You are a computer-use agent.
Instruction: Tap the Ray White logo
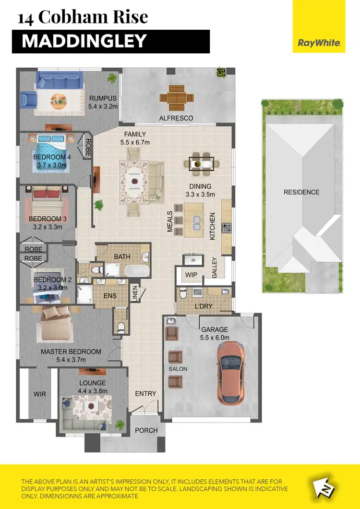(319, 43)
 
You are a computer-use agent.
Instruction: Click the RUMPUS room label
(103, 99)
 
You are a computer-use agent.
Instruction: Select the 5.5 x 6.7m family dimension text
(135, 143)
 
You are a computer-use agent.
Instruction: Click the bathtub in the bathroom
(137, 270)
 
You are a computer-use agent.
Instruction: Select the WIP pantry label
(192, 275)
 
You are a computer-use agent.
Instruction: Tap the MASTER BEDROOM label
(71, 351)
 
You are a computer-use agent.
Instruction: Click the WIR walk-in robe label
(39, 394)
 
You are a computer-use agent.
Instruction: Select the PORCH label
(146, 430)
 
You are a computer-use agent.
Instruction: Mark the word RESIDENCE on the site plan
(301, 192)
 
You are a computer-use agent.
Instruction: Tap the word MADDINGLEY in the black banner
(84, 41)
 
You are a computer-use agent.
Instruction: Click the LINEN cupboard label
(135, 293)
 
